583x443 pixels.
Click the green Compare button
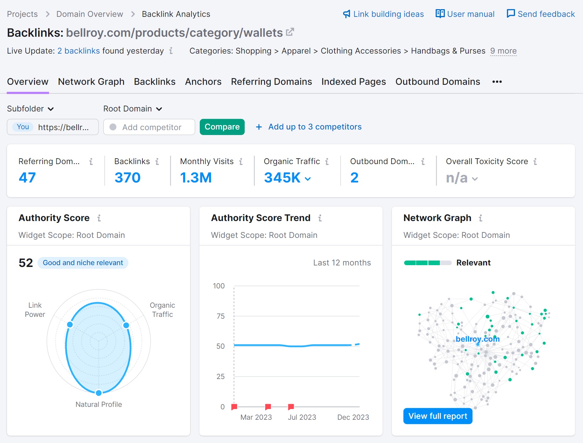(222, 127)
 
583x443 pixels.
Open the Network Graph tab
(91, 82)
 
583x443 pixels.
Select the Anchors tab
(203, 82)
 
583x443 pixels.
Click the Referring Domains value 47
(27, 178)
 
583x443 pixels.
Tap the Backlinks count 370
(127, 178)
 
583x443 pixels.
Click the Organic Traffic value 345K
(282, 178)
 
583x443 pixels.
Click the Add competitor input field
(152, 127)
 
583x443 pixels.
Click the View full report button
(437, 416)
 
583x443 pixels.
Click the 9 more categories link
(503, 51)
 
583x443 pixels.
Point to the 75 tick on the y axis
(220, 316)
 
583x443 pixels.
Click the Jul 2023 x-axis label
(302, 417)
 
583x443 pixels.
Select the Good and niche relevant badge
(83, 263)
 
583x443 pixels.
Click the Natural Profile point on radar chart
(99, 392)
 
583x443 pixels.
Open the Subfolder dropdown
(30, 109)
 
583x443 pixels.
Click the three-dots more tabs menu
(497, 82)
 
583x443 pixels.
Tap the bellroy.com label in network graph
(477, 339)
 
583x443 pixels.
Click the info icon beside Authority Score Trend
(320, 218)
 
